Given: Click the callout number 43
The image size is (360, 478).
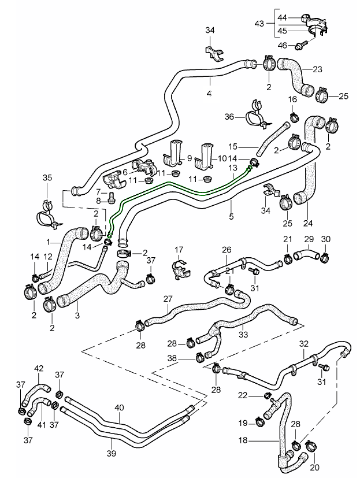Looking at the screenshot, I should tap(261, 24).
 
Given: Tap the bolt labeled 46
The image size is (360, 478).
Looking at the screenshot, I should tap(301, 45).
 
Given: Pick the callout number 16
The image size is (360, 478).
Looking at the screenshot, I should tap(293, 99).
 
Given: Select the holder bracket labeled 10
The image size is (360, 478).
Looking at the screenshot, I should tap(204, 151).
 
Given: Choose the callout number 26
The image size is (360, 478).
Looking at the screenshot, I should tap(227, 250).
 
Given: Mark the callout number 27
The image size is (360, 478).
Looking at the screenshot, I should tap(168, 299).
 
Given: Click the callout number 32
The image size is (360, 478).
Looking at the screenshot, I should tap(304, 343).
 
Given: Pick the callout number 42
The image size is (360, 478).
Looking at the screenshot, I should tap(39, 368).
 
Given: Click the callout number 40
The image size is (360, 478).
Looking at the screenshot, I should tap(119, 407).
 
